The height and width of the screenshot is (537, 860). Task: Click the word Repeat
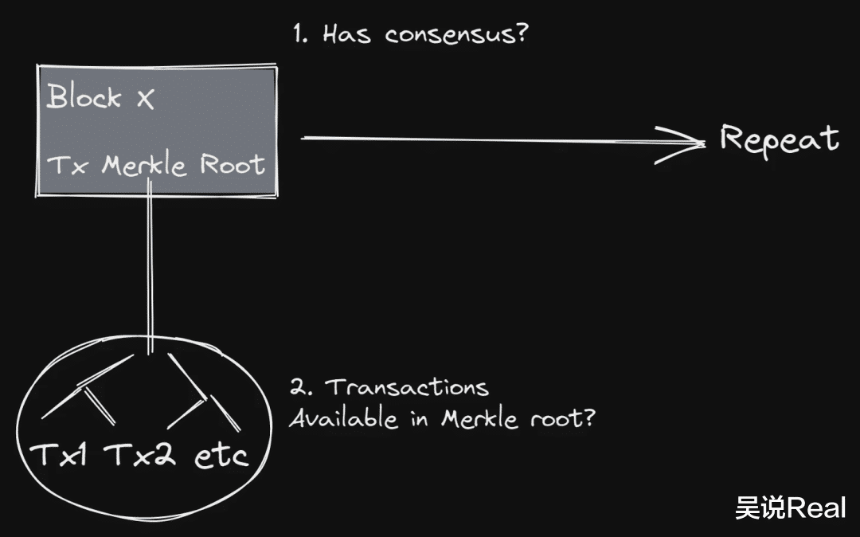[x=780, y=140]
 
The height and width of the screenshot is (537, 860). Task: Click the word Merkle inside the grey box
[x=144, y=164]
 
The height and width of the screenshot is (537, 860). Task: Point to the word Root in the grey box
[x=233, y=164]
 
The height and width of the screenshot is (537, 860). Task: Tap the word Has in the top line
[x=346, y=33]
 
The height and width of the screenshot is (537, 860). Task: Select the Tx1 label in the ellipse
[x=59, y=453]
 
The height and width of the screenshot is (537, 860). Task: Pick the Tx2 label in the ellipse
[x=140, y=453]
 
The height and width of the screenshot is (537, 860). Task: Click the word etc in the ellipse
[x=221, y=456]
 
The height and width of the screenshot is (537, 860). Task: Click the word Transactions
[x=407, y=386]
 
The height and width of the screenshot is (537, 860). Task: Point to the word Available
[x=343, y=418]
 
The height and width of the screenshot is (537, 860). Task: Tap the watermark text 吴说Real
[x=791, y=508]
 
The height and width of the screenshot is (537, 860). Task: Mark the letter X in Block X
[x=146, y=99]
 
